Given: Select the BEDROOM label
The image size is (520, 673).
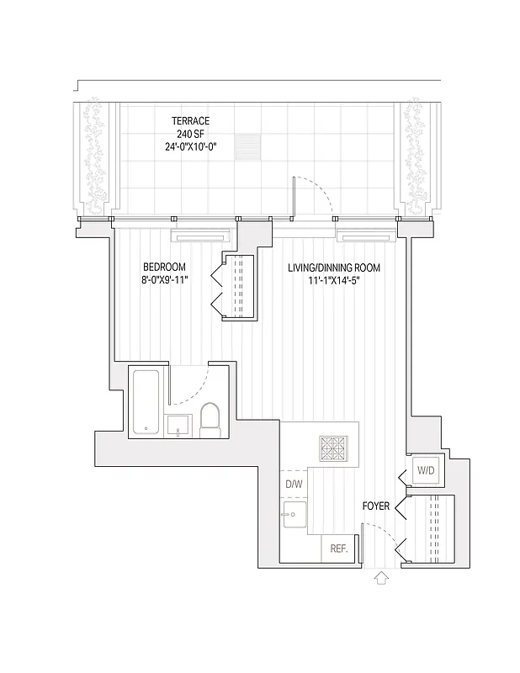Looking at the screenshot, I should (x=164, y=268).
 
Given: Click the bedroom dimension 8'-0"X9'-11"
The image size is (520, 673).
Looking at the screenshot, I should (x=164, y=280).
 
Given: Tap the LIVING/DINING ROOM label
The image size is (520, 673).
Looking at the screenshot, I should (x=334, y=268).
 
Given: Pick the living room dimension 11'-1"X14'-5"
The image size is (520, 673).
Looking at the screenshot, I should (x=334, y=280).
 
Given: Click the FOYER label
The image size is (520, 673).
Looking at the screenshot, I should (x=375, y=506).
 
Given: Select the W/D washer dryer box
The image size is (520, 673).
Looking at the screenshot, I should (x=426, y=471).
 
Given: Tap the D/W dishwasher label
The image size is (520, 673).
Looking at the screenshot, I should (x=293, y=485).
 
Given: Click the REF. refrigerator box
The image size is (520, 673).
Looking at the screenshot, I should (x=339, y=548).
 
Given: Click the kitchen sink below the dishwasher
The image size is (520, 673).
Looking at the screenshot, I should (x=294, y=515).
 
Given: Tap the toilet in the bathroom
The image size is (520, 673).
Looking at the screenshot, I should (x=210, y=418).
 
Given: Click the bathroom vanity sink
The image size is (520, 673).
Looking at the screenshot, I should (x=179, y=426).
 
